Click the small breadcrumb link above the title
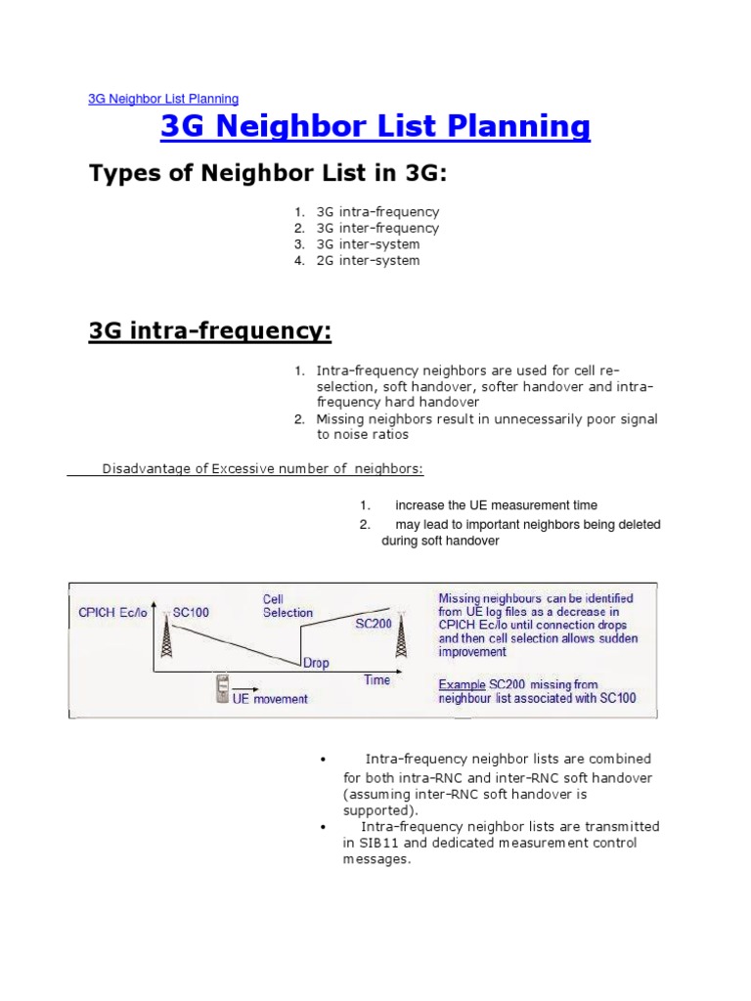(162, 99)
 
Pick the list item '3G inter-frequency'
(377, 228)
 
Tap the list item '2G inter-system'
(368, 261)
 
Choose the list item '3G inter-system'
(368, 244)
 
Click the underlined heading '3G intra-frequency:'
(210, 331)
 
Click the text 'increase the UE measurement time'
(496, 505)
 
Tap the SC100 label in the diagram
(192, 613)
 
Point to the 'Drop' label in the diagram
(316, 663)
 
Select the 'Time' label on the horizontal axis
(377, 680)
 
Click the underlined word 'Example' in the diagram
(462, 684)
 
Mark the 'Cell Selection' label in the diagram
(287, 605)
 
